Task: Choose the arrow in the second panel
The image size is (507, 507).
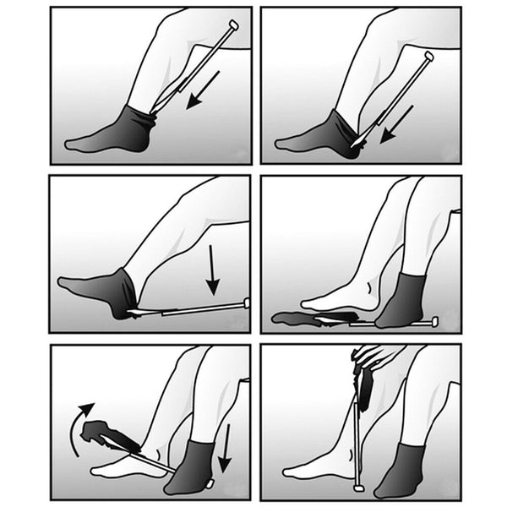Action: pos(396,124)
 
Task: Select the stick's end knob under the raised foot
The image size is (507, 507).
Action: pos(246,303)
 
